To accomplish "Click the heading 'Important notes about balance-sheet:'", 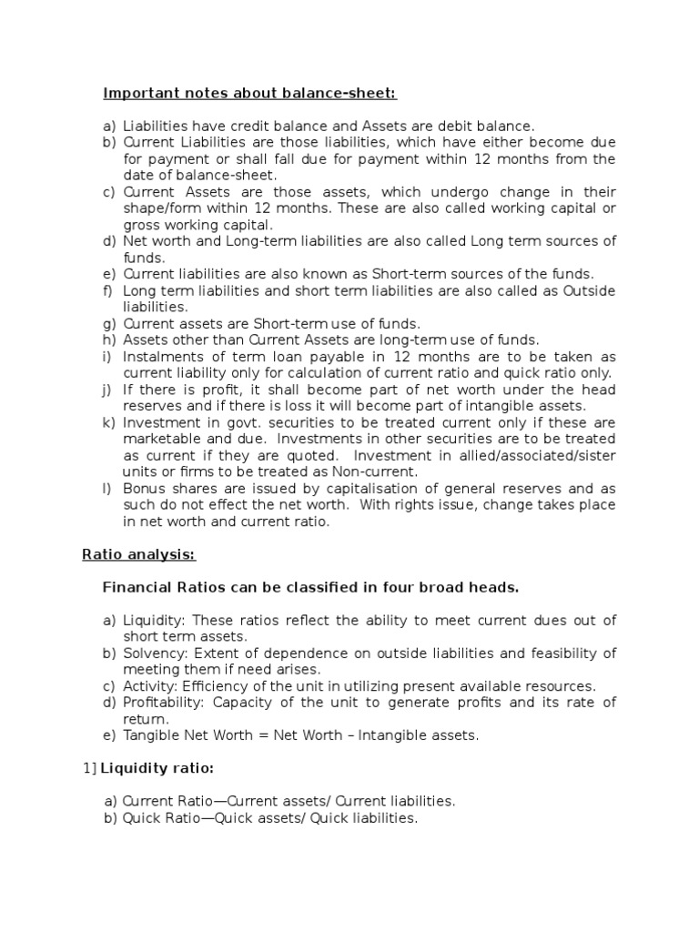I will (249, 93).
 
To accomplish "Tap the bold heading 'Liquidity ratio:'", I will (157, 768).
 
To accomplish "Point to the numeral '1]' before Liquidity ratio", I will (89, 768).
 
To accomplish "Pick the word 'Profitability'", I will (161, 702).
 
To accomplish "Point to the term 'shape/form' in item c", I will (157, 208).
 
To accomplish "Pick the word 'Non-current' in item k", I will (377, 471).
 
